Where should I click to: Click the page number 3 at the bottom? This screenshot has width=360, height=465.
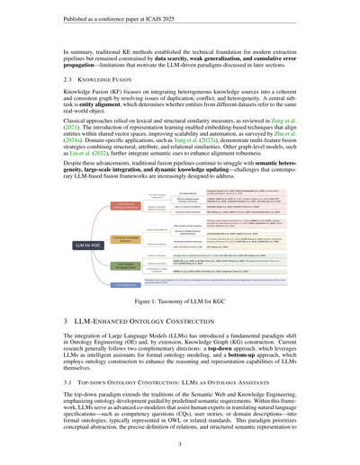(180, 443)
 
